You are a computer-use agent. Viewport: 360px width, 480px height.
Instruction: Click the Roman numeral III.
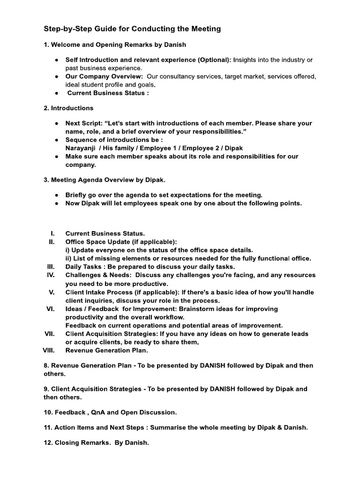51,267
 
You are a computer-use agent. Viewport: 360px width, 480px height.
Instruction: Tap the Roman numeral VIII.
49,350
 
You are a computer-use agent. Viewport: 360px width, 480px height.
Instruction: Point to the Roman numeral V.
52,292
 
